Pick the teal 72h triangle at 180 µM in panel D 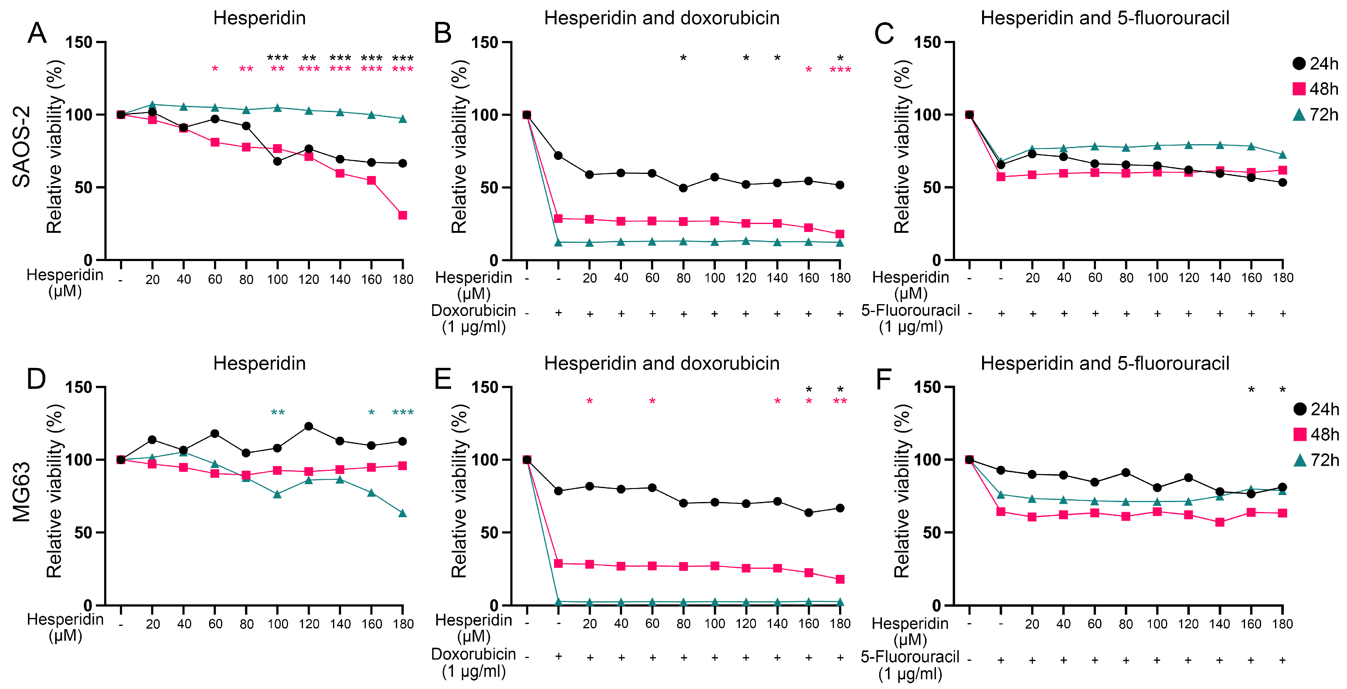(403, 513)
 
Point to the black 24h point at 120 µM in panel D (308, 426)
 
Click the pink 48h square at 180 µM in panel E (840, 579)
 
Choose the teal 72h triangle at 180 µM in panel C (1282, 155)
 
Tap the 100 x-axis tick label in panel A (278, 280)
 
